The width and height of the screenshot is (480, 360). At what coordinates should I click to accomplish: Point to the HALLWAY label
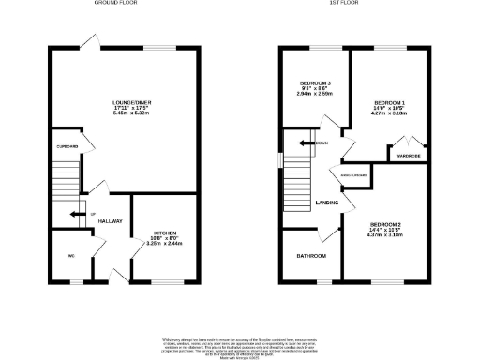pos(111,221)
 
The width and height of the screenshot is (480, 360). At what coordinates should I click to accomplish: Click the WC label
pos(70,255)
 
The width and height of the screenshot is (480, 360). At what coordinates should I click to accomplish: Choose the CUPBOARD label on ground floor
pos(66,146)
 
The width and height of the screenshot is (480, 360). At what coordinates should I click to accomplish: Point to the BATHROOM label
pos(311,255)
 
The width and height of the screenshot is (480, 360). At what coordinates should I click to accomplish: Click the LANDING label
pos(326,202)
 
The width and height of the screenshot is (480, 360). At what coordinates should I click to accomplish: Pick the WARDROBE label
pos(408,156)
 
